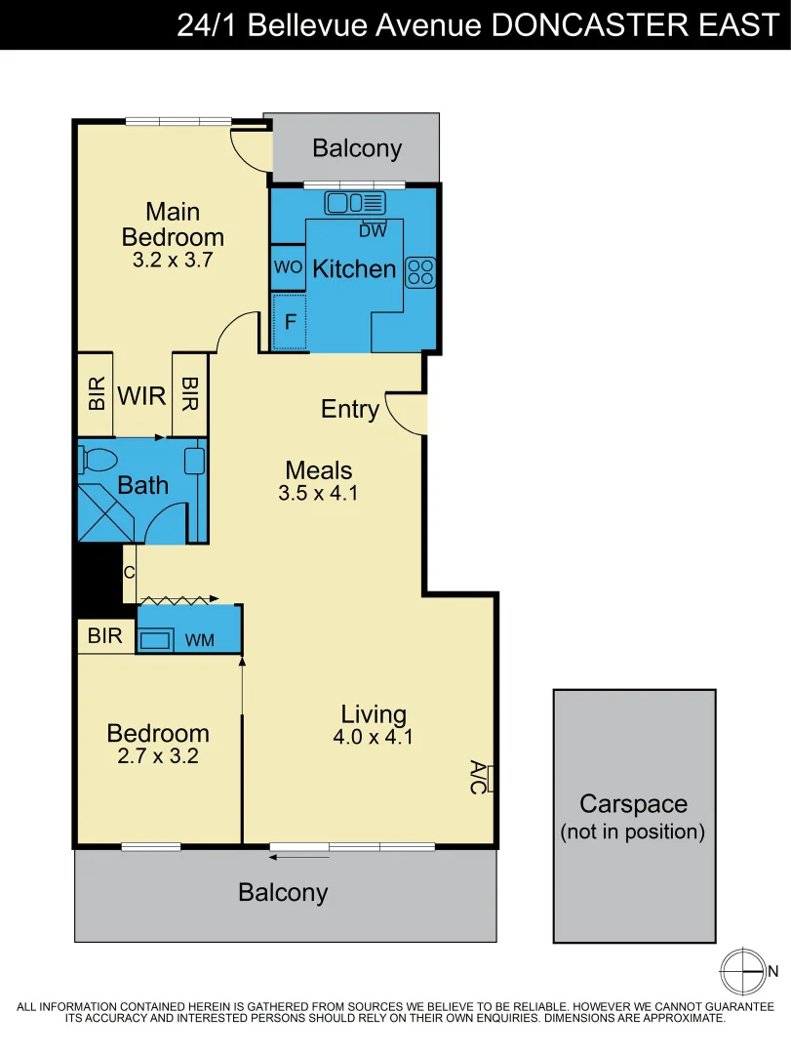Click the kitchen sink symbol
pos(355,203)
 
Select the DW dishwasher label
pos(373,231)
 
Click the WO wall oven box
pos(288,267)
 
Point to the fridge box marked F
pos(289,321)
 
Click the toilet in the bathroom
pos(99,458)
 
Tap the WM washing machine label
pos(199,639)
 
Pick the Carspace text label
pos(633,804)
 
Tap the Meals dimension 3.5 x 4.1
pos(318,494)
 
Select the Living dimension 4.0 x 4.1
pos(373,738)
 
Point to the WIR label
pos(141,397)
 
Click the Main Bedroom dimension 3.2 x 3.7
pos(172,261)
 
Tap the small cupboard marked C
pos(129,573)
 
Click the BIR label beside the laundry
pos(105,636)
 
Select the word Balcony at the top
pos(357,148)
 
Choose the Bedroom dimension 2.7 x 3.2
pos(158,755)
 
